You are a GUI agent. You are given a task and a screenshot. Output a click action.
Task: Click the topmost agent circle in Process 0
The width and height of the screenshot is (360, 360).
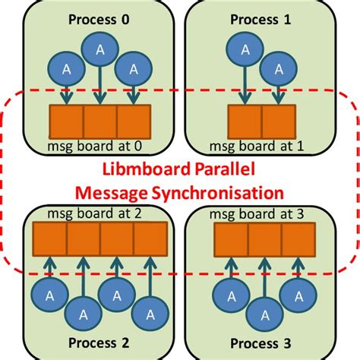[x=99, y=51]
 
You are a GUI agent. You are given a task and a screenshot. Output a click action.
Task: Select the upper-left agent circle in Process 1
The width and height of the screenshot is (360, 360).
[x=244, y=49]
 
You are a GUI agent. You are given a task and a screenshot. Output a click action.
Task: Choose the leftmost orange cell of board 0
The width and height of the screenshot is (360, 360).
[x=65, y=122]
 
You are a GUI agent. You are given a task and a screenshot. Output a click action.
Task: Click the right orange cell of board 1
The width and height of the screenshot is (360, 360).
[x=278, y=122]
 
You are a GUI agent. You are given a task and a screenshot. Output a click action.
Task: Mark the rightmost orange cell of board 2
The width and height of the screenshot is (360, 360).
[x=150, y=239]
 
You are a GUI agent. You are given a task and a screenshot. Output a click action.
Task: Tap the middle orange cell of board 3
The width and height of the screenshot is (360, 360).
[x=264, y=239]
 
